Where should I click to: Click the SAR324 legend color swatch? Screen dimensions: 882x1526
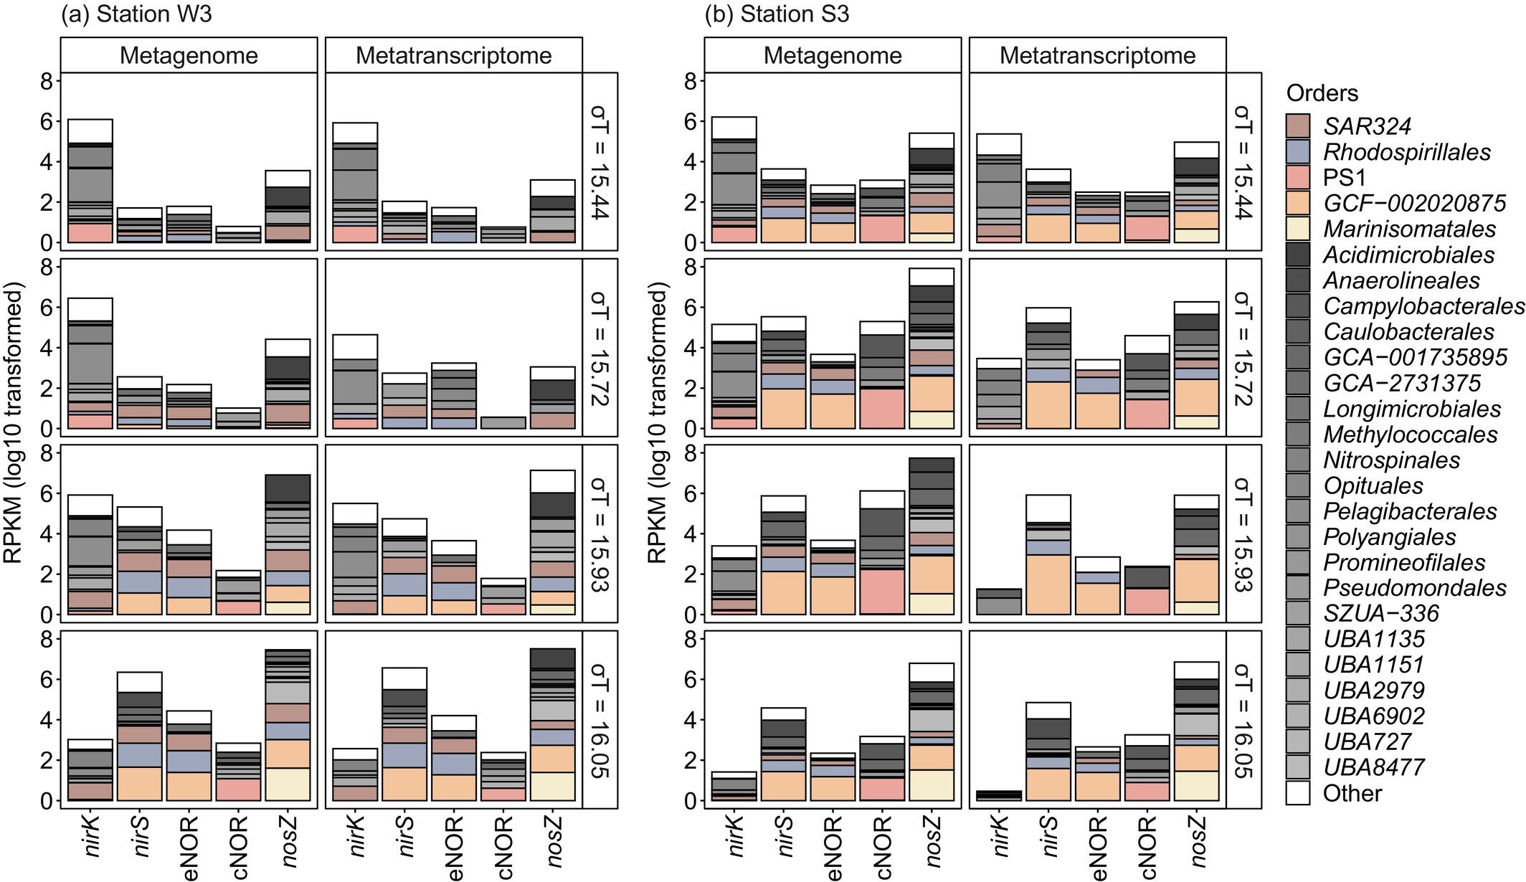pos(1297,126)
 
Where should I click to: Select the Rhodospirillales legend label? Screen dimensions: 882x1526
pos(1406,152)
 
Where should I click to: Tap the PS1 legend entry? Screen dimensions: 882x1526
pos(1344,178)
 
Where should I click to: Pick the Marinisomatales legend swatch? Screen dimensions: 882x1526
pos(1297,229)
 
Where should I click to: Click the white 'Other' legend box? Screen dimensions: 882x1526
pos(1297,793)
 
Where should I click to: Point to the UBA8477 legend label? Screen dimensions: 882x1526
pos(1373,767)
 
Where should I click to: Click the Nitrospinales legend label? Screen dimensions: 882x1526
pos(1391,460)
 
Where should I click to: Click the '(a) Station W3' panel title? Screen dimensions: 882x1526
pos(136,14)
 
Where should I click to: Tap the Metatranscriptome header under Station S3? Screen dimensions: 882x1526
pos(1097,56)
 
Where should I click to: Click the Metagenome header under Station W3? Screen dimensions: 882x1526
pos(189,56)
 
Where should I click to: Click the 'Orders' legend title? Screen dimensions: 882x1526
pos(1322,93)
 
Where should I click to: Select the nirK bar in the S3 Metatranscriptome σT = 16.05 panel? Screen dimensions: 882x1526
pos(999,795)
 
